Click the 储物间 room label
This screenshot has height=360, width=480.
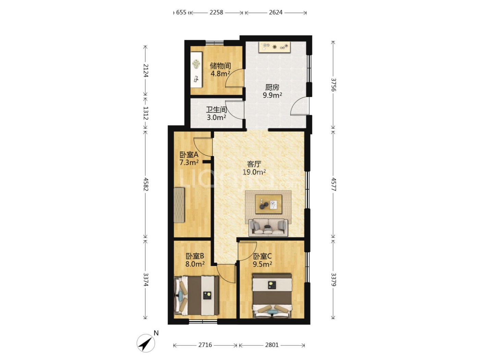click(x=220, y=65)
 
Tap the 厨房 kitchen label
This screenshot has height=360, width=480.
click(x=272, y=87)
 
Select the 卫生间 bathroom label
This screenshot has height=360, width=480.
click(x=216, y=109)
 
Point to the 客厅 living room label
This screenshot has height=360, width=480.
click(x=254, y=164)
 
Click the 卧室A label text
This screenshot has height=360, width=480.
click(x=189, y=155)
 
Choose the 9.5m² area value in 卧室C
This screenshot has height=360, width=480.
click(x=262, y=264)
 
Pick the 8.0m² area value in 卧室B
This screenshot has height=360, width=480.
click(x=195, y=264)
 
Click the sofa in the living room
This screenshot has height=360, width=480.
click(x=268, y=227)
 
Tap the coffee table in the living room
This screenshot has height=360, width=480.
click(x=268, y=204)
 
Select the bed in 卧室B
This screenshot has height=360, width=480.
click(x=196, y=296)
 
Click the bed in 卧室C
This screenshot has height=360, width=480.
click(x=272, y=296)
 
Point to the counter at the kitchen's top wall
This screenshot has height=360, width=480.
click(x=275, y=47)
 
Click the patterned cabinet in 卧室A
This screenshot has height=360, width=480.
click(x=179, y=205)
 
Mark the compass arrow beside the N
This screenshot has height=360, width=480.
click(x=146, y=343)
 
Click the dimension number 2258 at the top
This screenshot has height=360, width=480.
click(x=216, y=12)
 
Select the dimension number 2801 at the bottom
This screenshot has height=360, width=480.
click(x=272, y=345)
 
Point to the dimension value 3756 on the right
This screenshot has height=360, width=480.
click(x=333, y=85)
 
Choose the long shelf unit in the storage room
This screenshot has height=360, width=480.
click(x=196, y=70)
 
